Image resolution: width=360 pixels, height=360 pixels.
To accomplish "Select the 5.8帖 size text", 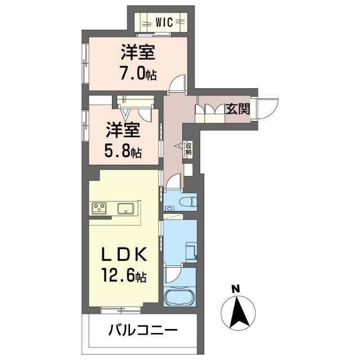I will [122, 151].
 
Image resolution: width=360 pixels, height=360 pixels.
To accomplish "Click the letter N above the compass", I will [236, 290].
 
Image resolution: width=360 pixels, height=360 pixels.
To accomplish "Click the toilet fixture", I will [186, 201].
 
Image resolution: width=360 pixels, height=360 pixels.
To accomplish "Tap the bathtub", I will [179, 296].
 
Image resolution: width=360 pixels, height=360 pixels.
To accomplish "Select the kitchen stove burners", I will [100, 208].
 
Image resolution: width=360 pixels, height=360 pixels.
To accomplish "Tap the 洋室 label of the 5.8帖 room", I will [122, 130].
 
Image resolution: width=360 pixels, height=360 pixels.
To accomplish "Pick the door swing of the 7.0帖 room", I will [179, 84].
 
